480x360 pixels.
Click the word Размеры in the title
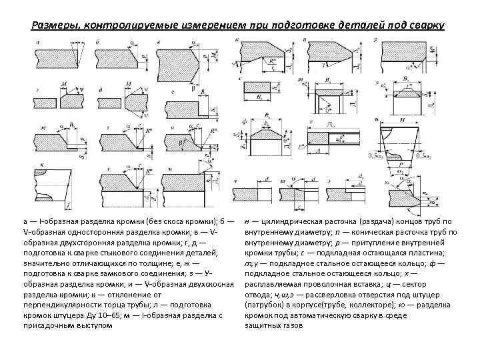(x=53, y=26)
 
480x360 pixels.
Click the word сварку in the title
(x=423, y=26)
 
